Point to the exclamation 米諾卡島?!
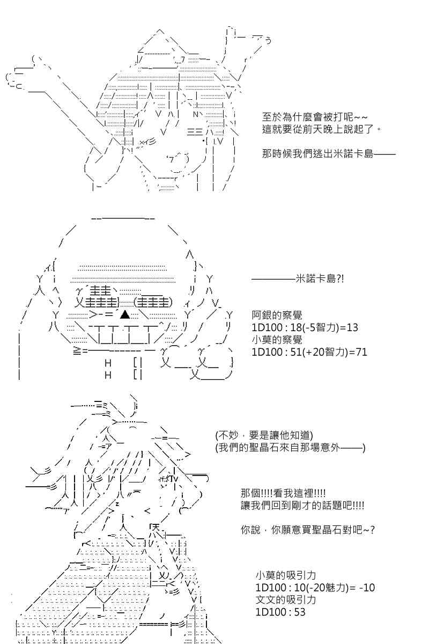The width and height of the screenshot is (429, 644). [x=320, y=279]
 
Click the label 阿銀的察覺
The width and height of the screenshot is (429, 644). [x=277, y=316]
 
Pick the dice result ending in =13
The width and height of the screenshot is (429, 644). [x=305, y=327]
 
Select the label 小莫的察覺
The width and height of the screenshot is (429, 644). [x=277, y=340]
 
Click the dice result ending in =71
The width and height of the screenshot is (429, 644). [x=309, y=352]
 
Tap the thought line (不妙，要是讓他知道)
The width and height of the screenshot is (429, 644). [x=264, y=435]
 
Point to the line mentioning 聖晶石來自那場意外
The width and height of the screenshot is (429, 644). [x=290, y=448]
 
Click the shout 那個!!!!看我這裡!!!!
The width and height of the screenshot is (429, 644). [x=283, y=493]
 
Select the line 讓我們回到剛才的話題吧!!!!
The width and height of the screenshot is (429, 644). [x=302, y=506]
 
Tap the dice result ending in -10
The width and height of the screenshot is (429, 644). [x=315, y=588]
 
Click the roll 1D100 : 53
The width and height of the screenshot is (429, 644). [x=280, y=612]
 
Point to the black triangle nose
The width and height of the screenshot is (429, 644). [x=125, y=314]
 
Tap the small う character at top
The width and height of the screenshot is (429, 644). [x=268, y=41]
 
